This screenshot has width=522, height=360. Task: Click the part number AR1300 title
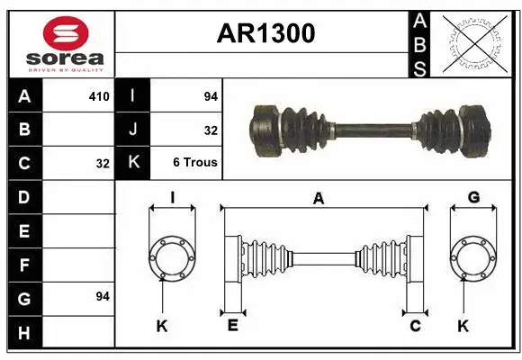tap(265, 33)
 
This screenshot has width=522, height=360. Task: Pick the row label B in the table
tap(24, 129)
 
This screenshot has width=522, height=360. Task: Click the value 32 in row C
tap(103, 164)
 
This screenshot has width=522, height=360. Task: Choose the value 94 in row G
tap(103, 296)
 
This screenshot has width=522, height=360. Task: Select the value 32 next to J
tap(211, 129)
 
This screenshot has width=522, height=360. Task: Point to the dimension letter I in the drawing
tap(171, 197)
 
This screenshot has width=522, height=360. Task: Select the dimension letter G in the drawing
tap(473, 197)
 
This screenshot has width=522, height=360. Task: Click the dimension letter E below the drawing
tap(232, 326)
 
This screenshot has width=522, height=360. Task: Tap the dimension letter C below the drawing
tap(415, 326)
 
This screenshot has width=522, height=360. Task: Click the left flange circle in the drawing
tap(171, 257)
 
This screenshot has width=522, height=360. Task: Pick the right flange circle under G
tap(473, 257)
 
